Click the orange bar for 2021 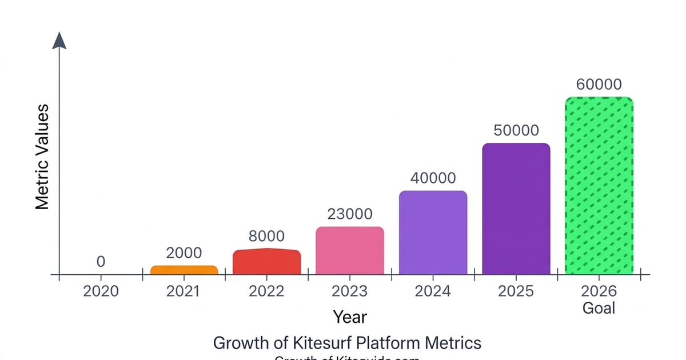pos(184,270)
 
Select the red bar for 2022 pos(267,262)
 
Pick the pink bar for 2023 pos(350,251)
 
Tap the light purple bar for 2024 pos(433,233)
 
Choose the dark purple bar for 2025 pos(516,209)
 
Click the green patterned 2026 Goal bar pos(599,186)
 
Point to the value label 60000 pos(599,85)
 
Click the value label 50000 pos(516,130)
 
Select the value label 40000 pos(433,178)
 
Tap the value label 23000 pos(350,214)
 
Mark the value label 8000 pos(266,237)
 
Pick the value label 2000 pos(184,253)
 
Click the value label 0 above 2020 pos(101,262)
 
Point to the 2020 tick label pos(101,291)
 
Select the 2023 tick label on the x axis pos(350,291)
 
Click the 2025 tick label pos(516,291)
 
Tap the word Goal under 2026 pos(599,309)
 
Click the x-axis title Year pos(350,317)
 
